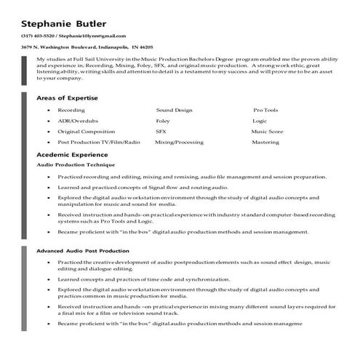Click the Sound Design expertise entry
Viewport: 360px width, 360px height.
coord(174,110)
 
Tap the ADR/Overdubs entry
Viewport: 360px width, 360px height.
coord(76,121)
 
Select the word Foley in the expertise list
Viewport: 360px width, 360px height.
coord(163,121)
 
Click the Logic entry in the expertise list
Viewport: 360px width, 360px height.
coord(260,121)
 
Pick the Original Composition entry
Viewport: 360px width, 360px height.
coord(87,132)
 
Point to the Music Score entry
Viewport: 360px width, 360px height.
coord(267,132)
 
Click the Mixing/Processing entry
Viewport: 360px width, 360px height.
coord(179,143)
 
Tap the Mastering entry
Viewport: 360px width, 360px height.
coord(265,143)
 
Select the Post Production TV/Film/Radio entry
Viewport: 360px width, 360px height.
coord(98,143)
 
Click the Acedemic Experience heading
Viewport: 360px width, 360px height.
coord(72,155)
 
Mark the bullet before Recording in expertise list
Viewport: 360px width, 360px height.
coord(48,110)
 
